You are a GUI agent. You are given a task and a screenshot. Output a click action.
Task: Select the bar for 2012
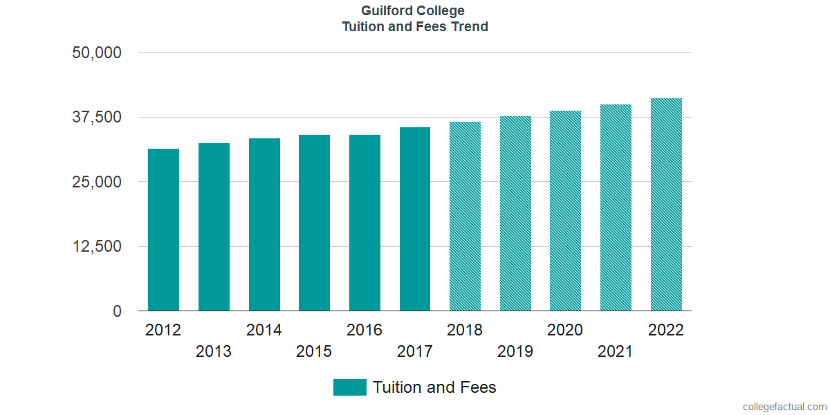pos(163,230)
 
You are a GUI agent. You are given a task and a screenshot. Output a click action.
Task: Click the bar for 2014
pos(264,225)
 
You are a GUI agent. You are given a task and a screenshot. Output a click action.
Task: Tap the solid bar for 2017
pos(415,219)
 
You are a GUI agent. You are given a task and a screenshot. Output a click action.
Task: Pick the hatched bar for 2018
pos(465,216)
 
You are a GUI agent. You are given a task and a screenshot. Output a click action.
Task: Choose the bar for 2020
pos(565,211)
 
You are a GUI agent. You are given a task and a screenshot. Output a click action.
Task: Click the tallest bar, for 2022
pos(666,205)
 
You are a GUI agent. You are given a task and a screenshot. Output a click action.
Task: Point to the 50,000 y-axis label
pos(97,53)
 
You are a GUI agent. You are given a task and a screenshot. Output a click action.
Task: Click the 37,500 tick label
pos(97,117)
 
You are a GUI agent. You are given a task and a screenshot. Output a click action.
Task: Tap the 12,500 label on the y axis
pos(97,246)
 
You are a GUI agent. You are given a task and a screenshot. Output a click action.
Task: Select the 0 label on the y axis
pos(117,311)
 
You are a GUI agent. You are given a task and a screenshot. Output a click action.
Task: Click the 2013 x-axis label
pos(214,352)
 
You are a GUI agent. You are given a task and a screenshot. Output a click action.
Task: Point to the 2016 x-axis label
pos(365,330)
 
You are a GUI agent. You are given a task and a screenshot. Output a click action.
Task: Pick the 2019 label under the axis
pos(515,352)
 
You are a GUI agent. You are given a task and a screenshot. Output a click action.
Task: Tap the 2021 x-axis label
pos(616,352)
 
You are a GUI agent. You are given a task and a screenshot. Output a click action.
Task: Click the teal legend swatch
pos(349,387)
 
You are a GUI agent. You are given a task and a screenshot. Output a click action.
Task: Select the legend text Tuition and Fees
pos(434,387)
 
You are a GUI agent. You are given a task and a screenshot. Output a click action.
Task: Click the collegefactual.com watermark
pos(784,407)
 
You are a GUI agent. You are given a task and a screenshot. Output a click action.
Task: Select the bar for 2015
pos(314,223)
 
